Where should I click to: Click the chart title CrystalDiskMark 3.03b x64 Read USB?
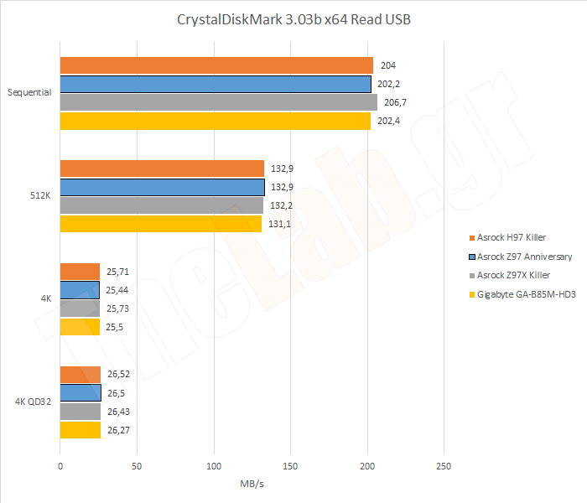293,19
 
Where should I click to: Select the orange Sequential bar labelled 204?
216,65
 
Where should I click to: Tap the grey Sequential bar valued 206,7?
218,102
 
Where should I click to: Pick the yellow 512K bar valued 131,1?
161,224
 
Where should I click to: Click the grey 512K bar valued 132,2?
162,205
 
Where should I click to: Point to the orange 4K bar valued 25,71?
80,272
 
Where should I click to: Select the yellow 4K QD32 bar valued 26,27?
81,430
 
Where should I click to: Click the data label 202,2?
390,84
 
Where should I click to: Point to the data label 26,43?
118,412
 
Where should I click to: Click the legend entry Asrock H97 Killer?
512,237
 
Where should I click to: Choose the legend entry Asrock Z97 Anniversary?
520,257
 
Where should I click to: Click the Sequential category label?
29,93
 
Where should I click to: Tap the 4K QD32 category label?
33,402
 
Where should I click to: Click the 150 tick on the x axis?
291,465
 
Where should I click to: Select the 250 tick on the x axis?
444,465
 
